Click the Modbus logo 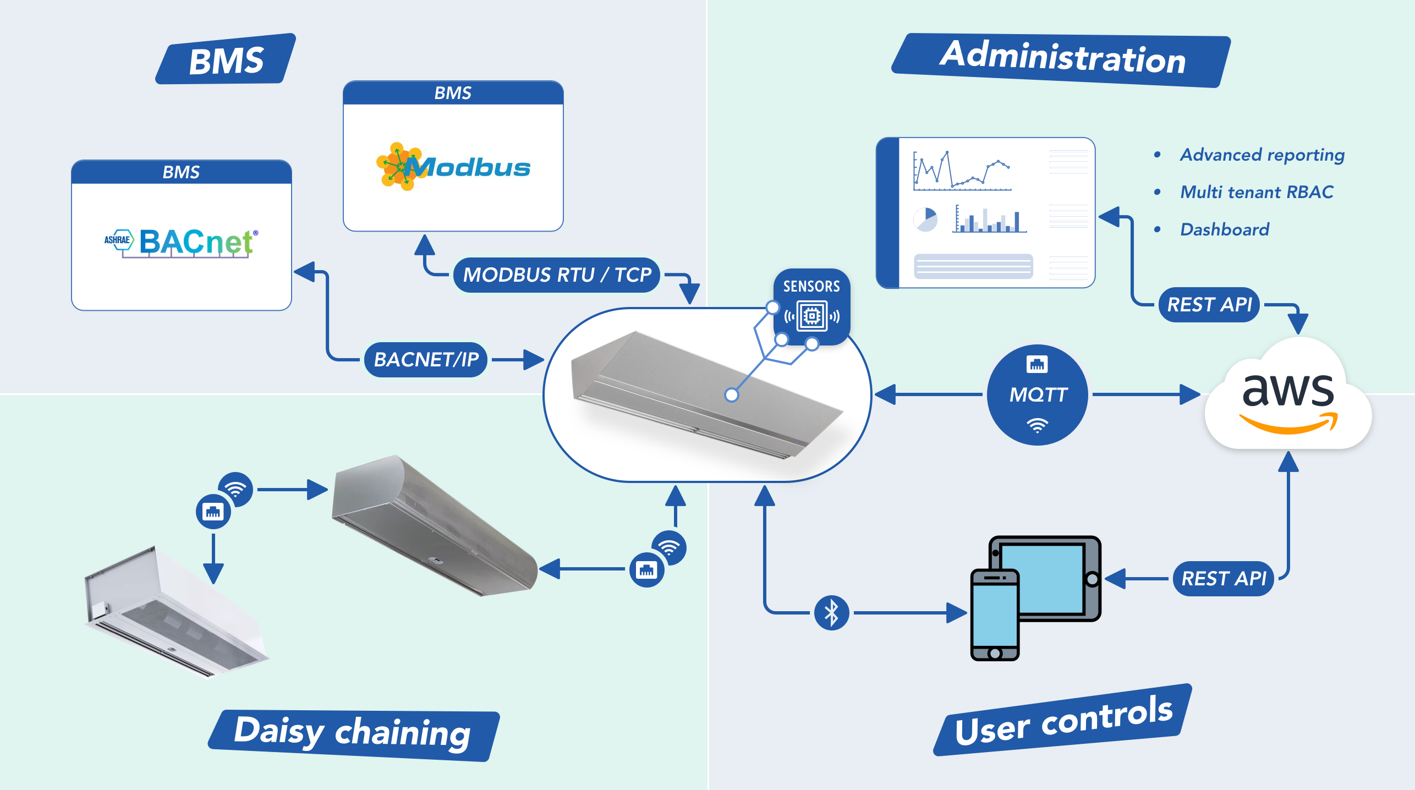[x=453, y=167]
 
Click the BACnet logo [x=182, y=243]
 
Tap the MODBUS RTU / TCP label [x=557, y=275]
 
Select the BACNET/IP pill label [x=426, y=359]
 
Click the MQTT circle [x=1037, y=394]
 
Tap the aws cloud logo [x=1288, y=399]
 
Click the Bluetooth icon [x=831, y=612]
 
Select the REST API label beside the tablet [x=1224, y=578]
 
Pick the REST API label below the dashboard [x=1209, y=304]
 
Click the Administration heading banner [x=1062, y=59]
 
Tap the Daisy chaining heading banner [x=353, y=734]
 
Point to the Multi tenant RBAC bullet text [x=1257, y=192]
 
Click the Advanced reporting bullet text [x=1262, y=155]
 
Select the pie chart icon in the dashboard [x=925, y=220]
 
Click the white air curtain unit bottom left [x=173, y=613]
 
